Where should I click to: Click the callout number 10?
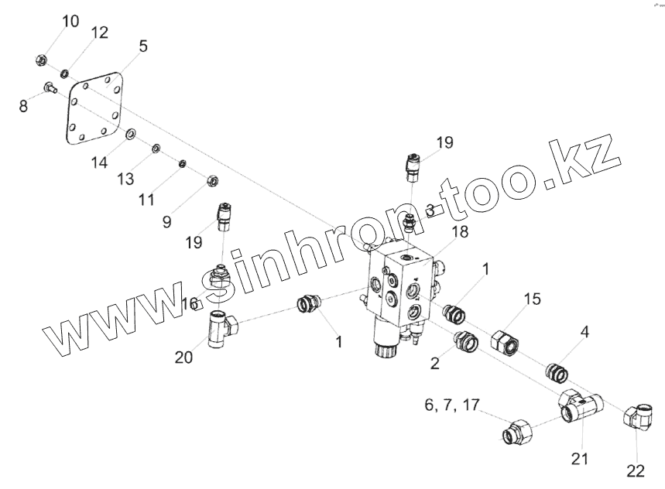pyautogui.click(x=70, y=21)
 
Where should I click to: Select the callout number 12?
pyautogui.click(x=99, y=32)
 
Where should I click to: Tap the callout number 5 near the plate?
pyautogui.click(x=143, y=46)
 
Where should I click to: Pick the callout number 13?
pyautogui.click(x=125, y=180)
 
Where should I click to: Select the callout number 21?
pyautogui.click(x=580, y=459)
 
